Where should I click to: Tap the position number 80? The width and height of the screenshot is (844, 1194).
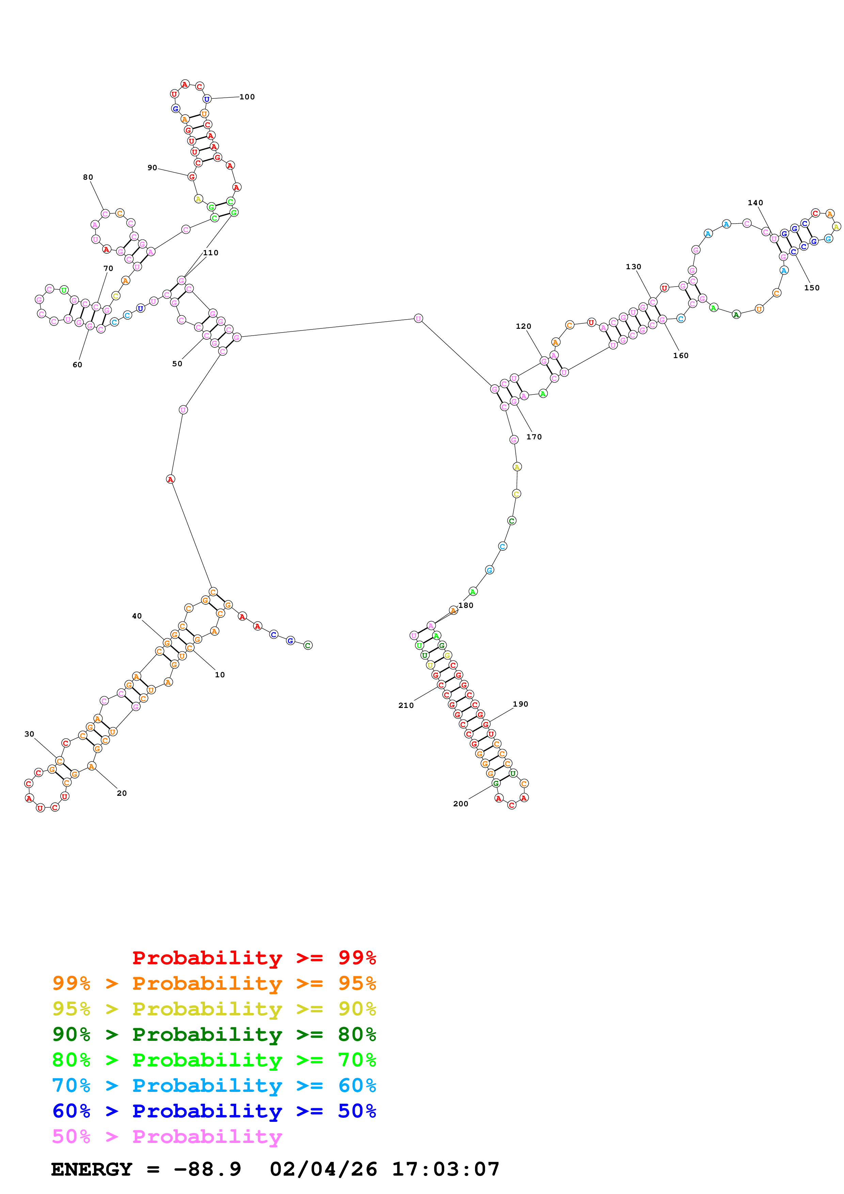coord(88,177)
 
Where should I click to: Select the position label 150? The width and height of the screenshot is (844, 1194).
coord(811,288)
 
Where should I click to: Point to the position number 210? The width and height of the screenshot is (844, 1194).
coord(405,705)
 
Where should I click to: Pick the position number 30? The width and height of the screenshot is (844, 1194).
coord(29,734)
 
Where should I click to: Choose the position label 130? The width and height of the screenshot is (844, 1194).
coord(633,267)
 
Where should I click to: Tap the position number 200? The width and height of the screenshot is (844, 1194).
coord(460,804)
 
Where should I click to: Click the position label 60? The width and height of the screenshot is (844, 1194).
coord(77,365)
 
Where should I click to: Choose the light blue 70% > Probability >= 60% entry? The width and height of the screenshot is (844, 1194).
coord(214,1085)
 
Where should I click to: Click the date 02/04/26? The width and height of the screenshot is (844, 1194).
coord(323,1169)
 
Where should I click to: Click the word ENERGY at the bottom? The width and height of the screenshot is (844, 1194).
coord(92,1169)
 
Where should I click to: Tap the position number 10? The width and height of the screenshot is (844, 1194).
coord(220,675)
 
